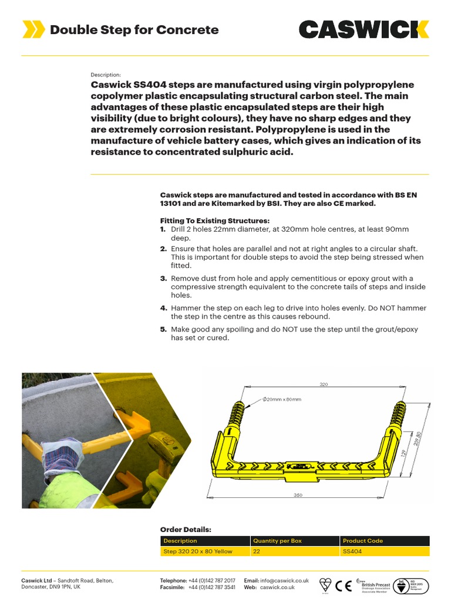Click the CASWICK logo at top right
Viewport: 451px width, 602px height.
(x=364, y=29)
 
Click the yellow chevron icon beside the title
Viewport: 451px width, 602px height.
(x=33, y=29)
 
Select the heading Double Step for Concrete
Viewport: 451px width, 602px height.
(x=134, y=30)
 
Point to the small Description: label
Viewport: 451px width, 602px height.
(x=106, y=75)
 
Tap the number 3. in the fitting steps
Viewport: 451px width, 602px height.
(x=164, y=278)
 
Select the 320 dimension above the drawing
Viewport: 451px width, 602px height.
(x=323, y=384)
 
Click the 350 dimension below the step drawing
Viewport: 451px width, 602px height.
(x=298, y=496)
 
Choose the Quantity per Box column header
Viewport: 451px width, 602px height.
(x=277, y=540)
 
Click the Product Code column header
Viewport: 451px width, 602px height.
(x=363, y=540)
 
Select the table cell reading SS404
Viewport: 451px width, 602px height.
(x=352, y=551)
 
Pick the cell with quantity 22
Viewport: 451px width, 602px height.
(x=257, y=551)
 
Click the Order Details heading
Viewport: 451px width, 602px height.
(x=186, y=529)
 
